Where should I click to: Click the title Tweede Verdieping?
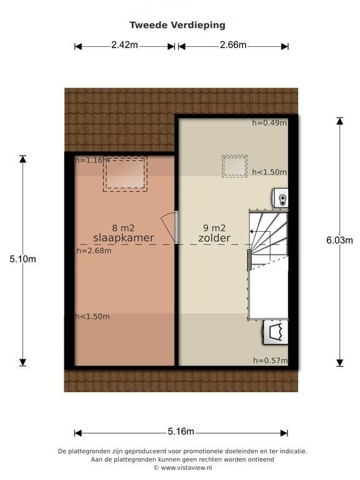[177, 25]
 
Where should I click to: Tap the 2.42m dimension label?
[124, 45]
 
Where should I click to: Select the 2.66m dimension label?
[233, 45]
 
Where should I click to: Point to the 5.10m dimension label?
[22, 259]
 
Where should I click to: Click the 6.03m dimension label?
[339, 240]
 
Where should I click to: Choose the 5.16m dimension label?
[181, 431]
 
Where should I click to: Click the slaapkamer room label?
[123, 238]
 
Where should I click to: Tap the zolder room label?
[214, 238]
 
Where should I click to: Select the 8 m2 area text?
[123, 227]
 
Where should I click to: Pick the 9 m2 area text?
[214, 227]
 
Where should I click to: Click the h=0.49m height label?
[269, 122]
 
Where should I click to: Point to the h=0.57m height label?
[270, 361]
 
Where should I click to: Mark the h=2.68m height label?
[94, 251]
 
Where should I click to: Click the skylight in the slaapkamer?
[125, 174]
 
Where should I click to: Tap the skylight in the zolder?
[234, 166]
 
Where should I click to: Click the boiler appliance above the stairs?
[279, 197]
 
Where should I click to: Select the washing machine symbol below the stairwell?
[276, 332]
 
